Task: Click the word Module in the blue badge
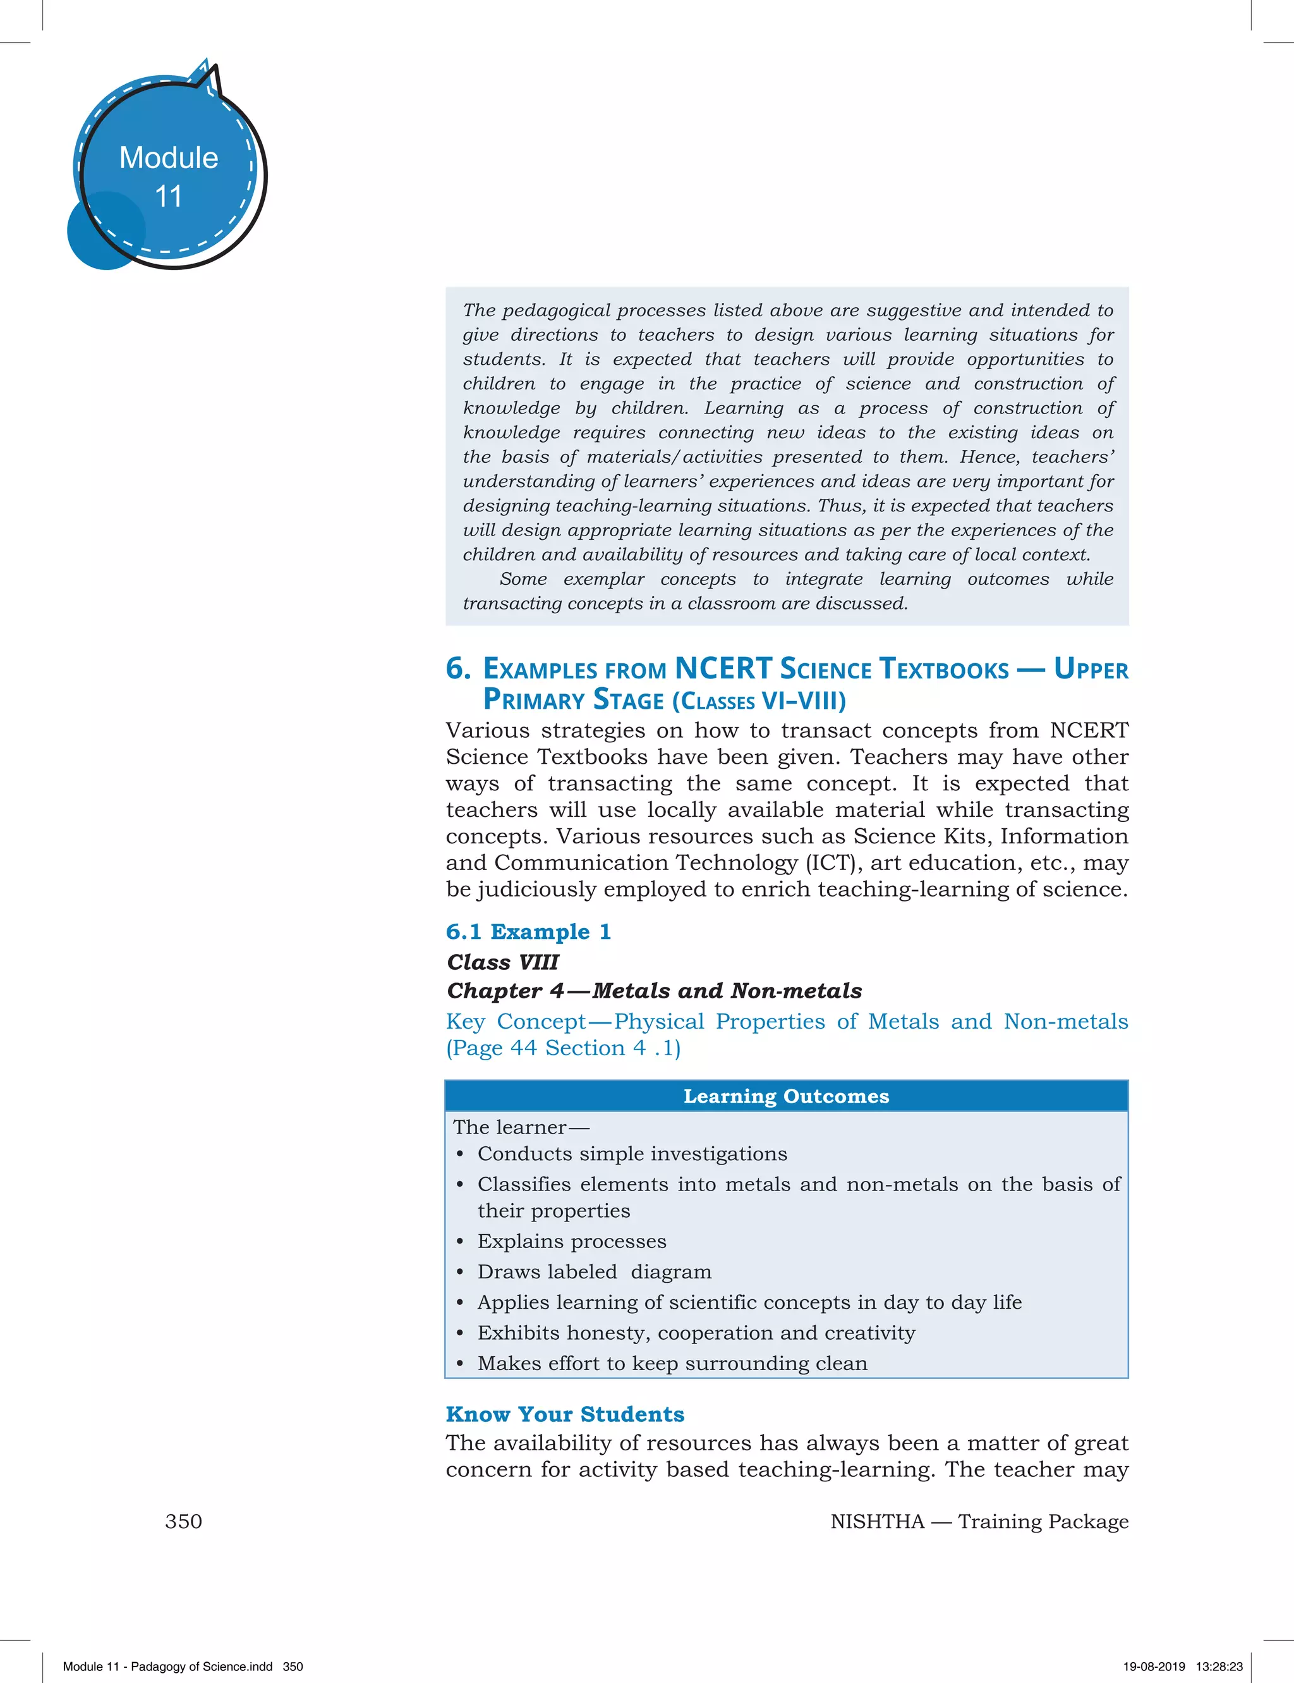(169, 158)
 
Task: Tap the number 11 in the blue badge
(169, 197)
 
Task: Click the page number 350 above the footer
(183, 1521)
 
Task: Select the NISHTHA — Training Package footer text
(979, 1521)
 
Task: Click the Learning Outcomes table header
(787, 1096)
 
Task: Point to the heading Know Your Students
(565, 1414)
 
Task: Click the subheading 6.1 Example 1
(528, 932)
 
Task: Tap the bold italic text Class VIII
(503, 962)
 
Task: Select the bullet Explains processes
(572, 1240)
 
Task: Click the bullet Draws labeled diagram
(594, 1271)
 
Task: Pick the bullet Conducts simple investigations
(632, 1154)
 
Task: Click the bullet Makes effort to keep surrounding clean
(672, 1363)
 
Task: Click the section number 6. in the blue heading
(458, 668)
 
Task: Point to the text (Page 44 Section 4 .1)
(563, 1048)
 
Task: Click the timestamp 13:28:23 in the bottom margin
(1219, 1666)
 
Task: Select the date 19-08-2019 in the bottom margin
(1154, 1666)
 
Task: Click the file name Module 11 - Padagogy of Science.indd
(167, 1666)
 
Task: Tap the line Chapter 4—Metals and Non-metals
(654, 991)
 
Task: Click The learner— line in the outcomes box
(521, 1127)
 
